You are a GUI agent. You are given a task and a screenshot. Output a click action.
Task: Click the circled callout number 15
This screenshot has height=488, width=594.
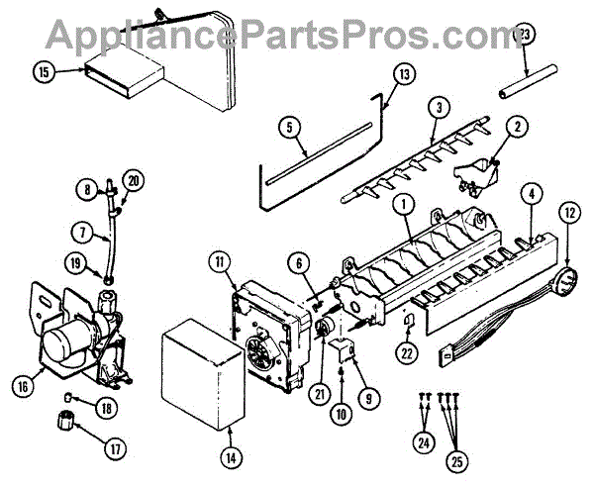[44, 71]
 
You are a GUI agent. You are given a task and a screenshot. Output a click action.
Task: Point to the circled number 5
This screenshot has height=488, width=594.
[288, 127]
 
